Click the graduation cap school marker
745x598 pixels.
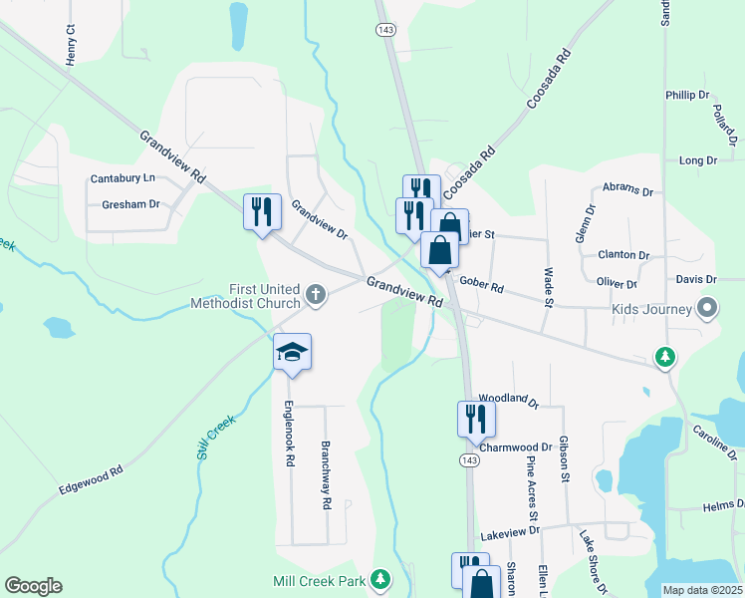[293, 353]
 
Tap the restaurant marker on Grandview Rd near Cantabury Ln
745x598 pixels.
[263, 212]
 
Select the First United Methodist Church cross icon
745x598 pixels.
[316, 294]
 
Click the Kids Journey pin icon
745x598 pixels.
[708, 308]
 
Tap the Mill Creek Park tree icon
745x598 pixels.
[379, 579]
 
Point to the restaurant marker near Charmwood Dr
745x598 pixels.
[476, 419]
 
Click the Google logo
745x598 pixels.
[33, 586]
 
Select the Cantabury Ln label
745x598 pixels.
[124, 178]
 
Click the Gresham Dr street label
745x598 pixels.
[130, 204]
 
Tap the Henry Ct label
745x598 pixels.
[70, 46]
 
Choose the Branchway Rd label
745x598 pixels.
[325, 475]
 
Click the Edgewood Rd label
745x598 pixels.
[90, 478]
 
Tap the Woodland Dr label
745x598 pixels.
[508, 399]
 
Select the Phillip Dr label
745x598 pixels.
[687, 95]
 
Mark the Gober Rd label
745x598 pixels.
[481, 289]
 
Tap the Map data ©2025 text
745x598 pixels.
[702, 590]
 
